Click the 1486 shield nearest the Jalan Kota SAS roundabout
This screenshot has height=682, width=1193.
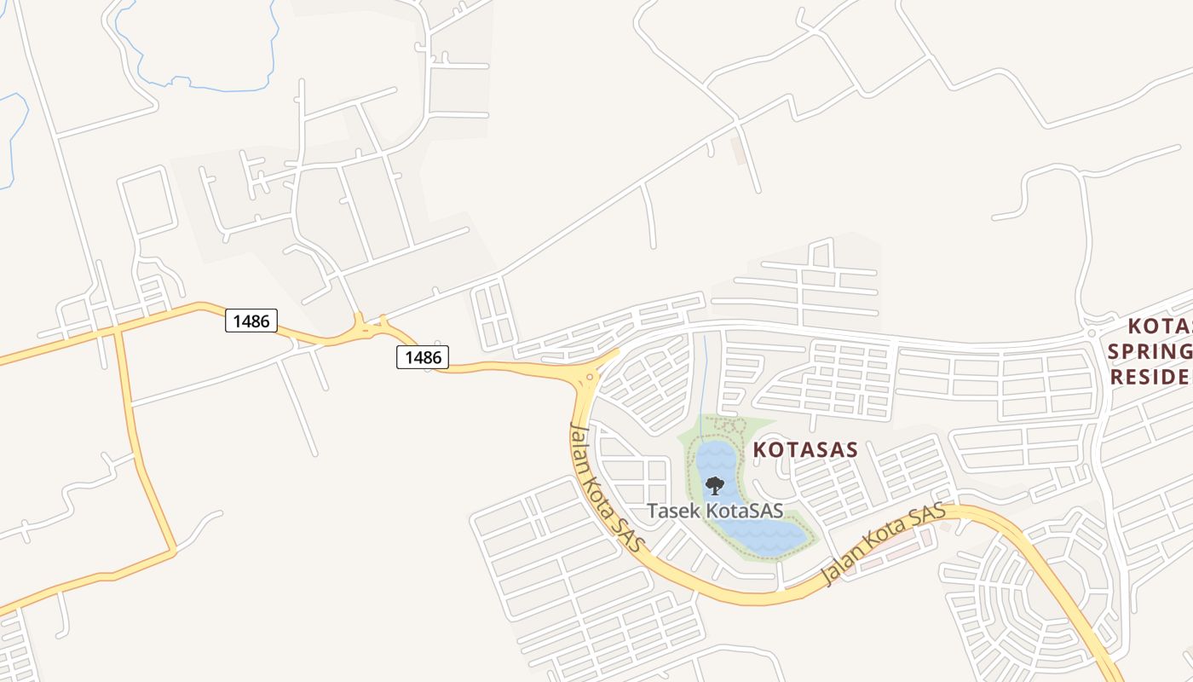(423, 357)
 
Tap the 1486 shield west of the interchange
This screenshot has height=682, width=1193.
(251, 321)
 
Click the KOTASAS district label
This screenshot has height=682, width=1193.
(804, 450)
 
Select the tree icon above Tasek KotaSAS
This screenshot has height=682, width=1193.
(714, 486)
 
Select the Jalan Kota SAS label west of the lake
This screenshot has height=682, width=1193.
(606, 487)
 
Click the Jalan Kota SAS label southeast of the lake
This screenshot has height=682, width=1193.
(883, 546)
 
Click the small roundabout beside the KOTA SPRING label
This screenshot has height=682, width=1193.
(1091, 333)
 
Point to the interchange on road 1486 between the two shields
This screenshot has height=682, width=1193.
(368, 328)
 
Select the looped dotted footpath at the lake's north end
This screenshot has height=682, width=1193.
(723, 425)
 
